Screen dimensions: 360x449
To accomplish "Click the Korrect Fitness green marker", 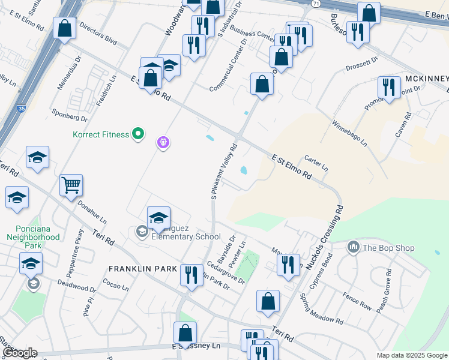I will click(138, 134).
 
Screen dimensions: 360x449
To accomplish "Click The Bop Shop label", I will click(381, 247).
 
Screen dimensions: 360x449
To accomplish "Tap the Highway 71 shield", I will click(316, 4).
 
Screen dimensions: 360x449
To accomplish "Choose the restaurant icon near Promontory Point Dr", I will click(389, 88).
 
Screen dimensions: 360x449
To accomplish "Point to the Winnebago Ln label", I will click(349, 133).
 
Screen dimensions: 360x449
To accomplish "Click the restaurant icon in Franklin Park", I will click(191, 275).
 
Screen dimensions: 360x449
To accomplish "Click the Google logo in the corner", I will click(20, 353).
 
